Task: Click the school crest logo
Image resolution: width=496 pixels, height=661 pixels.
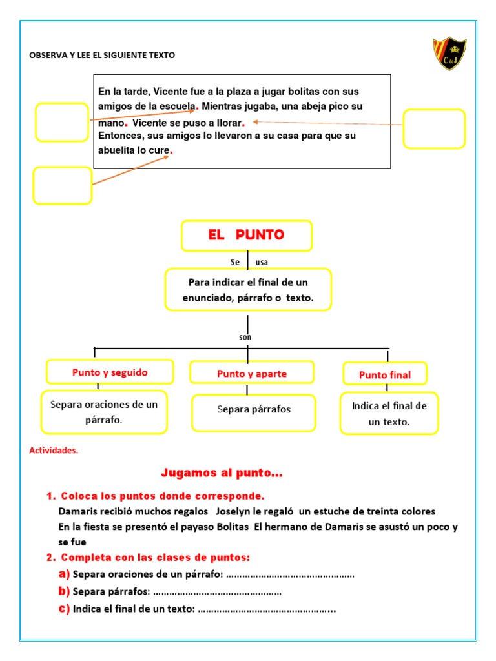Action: coord(449,54)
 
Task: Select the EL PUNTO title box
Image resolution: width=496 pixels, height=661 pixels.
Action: coord(247,236)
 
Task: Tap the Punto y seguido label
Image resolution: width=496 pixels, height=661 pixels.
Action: coord(110,372)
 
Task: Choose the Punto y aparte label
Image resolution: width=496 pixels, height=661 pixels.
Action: coord(252,374)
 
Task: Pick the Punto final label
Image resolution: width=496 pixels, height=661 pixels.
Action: coord(385,374)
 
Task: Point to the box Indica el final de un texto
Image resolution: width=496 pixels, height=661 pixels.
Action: coord(389,414)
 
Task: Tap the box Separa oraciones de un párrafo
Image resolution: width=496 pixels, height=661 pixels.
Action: coord(104,412)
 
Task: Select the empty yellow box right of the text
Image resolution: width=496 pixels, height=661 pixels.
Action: coord(434,128)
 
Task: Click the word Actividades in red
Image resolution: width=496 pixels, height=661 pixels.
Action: coord(54,451)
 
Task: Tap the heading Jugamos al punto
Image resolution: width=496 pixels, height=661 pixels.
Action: coord(222,474)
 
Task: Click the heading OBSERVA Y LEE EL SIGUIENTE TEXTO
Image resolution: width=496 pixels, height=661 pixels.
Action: coord(102,56)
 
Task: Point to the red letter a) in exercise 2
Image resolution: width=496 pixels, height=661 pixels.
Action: coord(63,574)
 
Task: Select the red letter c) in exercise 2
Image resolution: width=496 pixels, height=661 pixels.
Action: coord(63,609)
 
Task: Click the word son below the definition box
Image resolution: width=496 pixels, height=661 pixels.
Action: coord(245,337)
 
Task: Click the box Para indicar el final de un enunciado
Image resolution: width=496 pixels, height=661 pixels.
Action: coord(248,290)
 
